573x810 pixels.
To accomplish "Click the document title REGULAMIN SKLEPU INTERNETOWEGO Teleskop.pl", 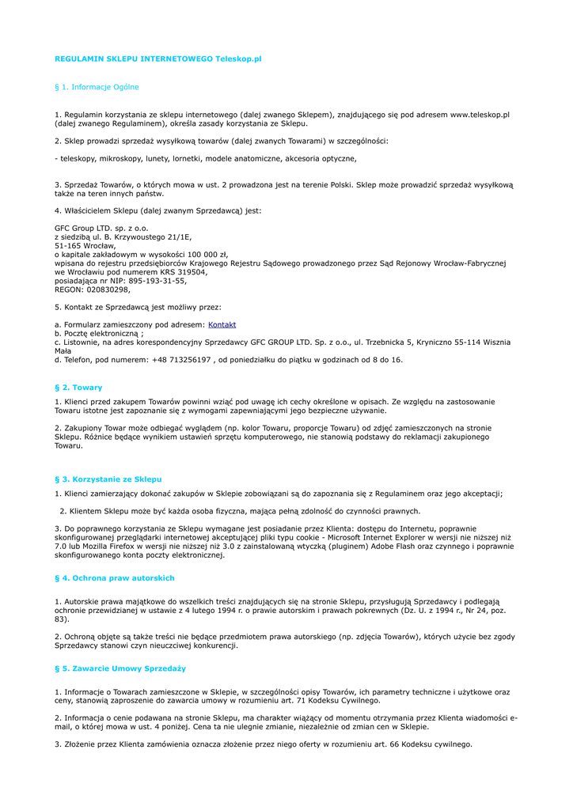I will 157,59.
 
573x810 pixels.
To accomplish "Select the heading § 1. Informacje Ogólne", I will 97,87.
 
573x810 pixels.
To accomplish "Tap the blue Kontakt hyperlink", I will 222,325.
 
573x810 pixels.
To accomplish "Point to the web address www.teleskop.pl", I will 480,115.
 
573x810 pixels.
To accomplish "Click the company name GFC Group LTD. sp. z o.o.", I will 101,228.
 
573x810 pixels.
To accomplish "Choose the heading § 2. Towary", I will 78,388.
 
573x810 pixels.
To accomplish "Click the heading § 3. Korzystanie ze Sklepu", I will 108,479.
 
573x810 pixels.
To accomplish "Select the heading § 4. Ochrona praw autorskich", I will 114,578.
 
